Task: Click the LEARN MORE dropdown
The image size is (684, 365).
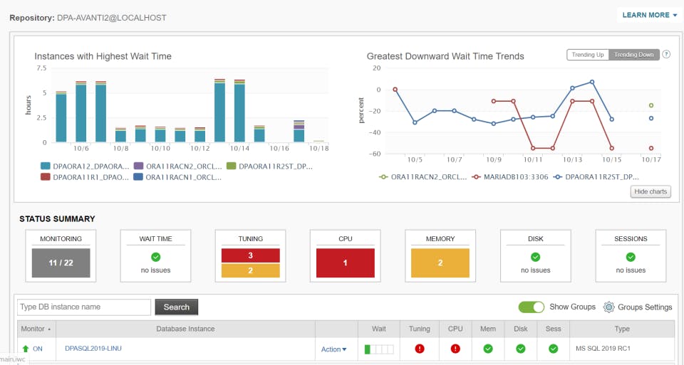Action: pyautogui.click(x=649, y=15)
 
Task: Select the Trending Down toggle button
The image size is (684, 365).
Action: pyautogui.click(x=633, y=55)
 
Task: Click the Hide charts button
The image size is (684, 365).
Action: pyautogui.click(x=650, y=191)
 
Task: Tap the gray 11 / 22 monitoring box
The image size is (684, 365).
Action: pyautogui.click(x=61, y=263)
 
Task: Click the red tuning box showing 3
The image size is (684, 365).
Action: pyautogui.click(x=250, y=255)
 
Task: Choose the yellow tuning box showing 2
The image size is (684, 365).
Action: pyautogui.click(x=250, y=270)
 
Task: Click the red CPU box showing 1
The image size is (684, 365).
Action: pyautogui.click(x=345, y=263)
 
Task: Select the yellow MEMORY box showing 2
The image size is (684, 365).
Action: pyautogui.click(x=440, y=263)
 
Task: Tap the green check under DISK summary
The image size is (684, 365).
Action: pyautogui.click(x=535, y=257)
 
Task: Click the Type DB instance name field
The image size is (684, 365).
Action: pyautogui.click(x=84, y=307)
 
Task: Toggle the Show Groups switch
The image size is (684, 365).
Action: pyautogui.click(x=531, y=307)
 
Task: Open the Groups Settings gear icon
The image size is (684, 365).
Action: pyautogui.click(x=608, y=307)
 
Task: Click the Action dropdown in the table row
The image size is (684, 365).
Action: pyautogui.click(x=333, y=349)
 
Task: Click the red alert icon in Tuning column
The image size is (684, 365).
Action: pyautogui.click(x=420, y=349)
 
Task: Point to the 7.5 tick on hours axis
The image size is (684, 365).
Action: pyautogui.click(x=41, y=68)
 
